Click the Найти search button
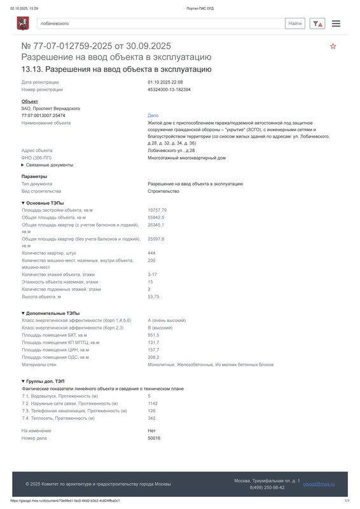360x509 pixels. [295, 24]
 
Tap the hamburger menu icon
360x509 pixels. [336, 24]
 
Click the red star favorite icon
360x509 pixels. [333, 46]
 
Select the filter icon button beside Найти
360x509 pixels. [317, 24]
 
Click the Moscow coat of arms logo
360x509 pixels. [23, 24]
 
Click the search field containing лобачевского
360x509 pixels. [159, 24]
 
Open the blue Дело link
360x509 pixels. [153, 116]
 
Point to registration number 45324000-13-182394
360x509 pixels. [169, 90]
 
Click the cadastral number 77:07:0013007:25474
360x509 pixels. [43, 116]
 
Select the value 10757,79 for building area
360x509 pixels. [157, 210]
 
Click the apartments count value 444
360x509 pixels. [152, 253]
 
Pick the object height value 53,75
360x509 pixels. [154, 296]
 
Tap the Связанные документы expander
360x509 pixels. [47, 165]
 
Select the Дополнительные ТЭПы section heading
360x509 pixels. [50, 313]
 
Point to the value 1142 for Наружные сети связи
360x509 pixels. [153, 403]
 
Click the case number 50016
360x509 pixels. [154, 438]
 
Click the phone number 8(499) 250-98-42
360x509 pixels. [267, 487]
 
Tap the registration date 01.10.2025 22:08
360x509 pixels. [165, 82]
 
